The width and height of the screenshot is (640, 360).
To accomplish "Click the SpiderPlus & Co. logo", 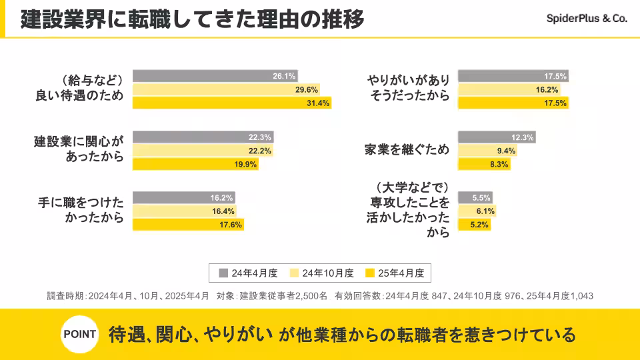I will click(587, 19).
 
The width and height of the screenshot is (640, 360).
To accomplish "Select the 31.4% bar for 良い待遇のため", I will click(232, 103).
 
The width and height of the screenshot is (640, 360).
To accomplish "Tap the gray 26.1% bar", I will click(215, 76).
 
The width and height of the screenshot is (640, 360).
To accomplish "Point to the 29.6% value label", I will click(307, 89).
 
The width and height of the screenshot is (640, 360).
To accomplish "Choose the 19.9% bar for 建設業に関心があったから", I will click(195, 164).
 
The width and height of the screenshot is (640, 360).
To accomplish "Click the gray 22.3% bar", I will click(203, 137).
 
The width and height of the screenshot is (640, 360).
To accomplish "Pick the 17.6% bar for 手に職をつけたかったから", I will click(188, 225).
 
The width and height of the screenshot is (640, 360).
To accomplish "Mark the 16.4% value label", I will click(223, 211).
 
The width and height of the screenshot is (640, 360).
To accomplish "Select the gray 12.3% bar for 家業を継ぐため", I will click(496, 137).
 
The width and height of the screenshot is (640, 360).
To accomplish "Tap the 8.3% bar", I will click(484, 164).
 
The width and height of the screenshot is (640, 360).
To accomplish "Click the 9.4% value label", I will click(506, 151).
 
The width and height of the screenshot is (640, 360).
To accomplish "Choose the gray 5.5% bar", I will click(475, 198).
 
